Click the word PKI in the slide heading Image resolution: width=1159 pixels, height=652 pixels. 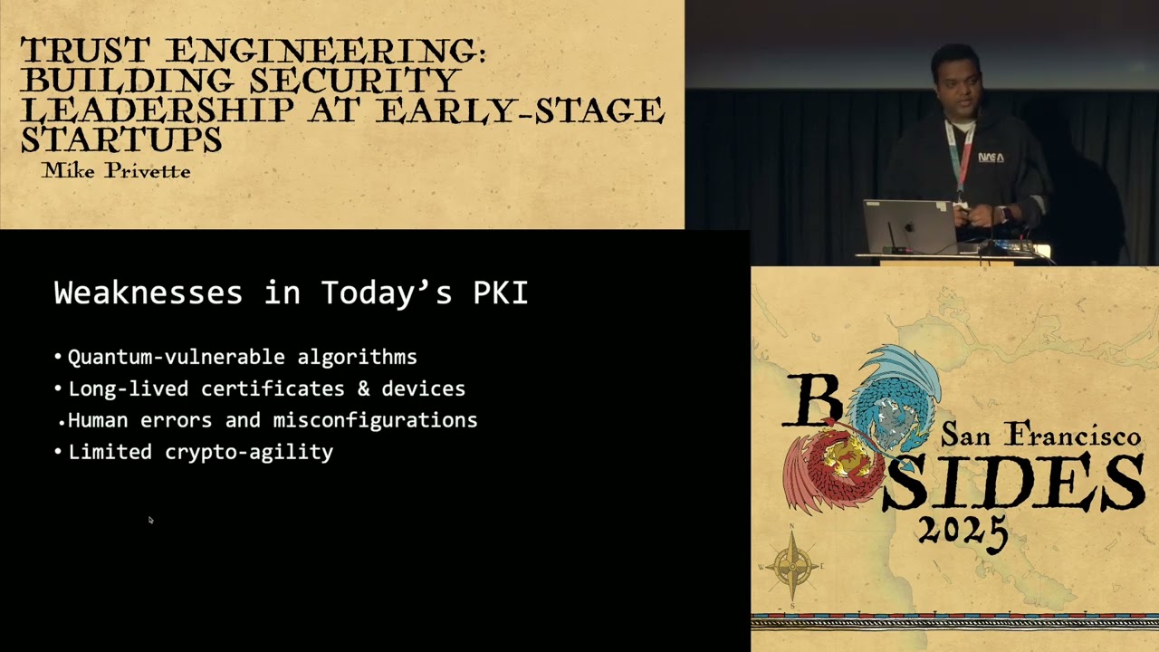tap(501, 293)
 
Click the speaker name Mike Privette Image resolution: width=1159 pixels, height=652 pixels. tap(116, 170)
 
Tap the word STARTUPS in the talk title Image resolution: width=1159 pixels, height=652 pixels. tap(121, 140)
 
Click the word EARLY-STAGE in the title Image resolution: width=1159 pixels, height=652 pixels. tap(520, 110)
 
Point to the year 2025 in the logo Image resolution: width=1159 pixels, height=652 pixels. tap(963, 528)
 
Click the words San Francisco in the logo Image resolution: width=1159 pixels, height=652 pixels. tap(1040, 435)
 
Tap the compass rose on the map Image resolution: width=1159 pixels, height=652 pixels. tap(792, 567)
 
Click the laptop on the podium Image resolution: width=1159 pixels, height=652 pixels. tap(908, 226)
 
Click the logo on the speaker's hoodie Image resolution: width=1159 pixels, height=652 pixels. tap(991, 157)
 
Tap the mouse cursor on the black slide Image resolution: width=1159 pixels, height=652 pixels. tap(150, 520)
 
